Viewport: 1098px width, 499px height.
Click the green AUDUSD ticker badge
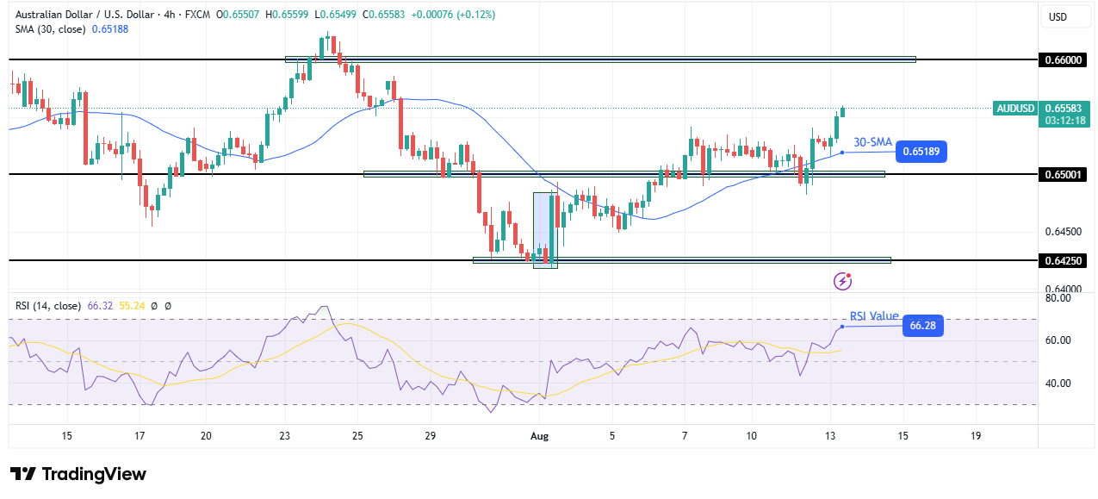pos(1014,108)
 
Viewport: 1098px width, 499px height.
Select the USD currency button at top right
pos(1058,16)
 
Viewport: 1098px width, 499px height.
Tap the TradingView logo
pos(78,474)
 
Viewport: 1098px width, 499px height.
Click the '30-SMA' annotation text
pos(872,142)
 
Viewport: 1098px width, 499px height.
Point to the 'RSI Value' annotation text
pos(873,316)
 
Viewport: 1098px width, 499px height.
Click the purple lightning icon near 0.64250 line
pos(843,281)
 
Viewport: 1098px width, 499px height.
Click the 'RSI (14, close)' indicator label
pos(48,305)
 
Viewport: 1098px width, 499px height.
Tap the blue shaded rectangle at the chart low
pos(545,230)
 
